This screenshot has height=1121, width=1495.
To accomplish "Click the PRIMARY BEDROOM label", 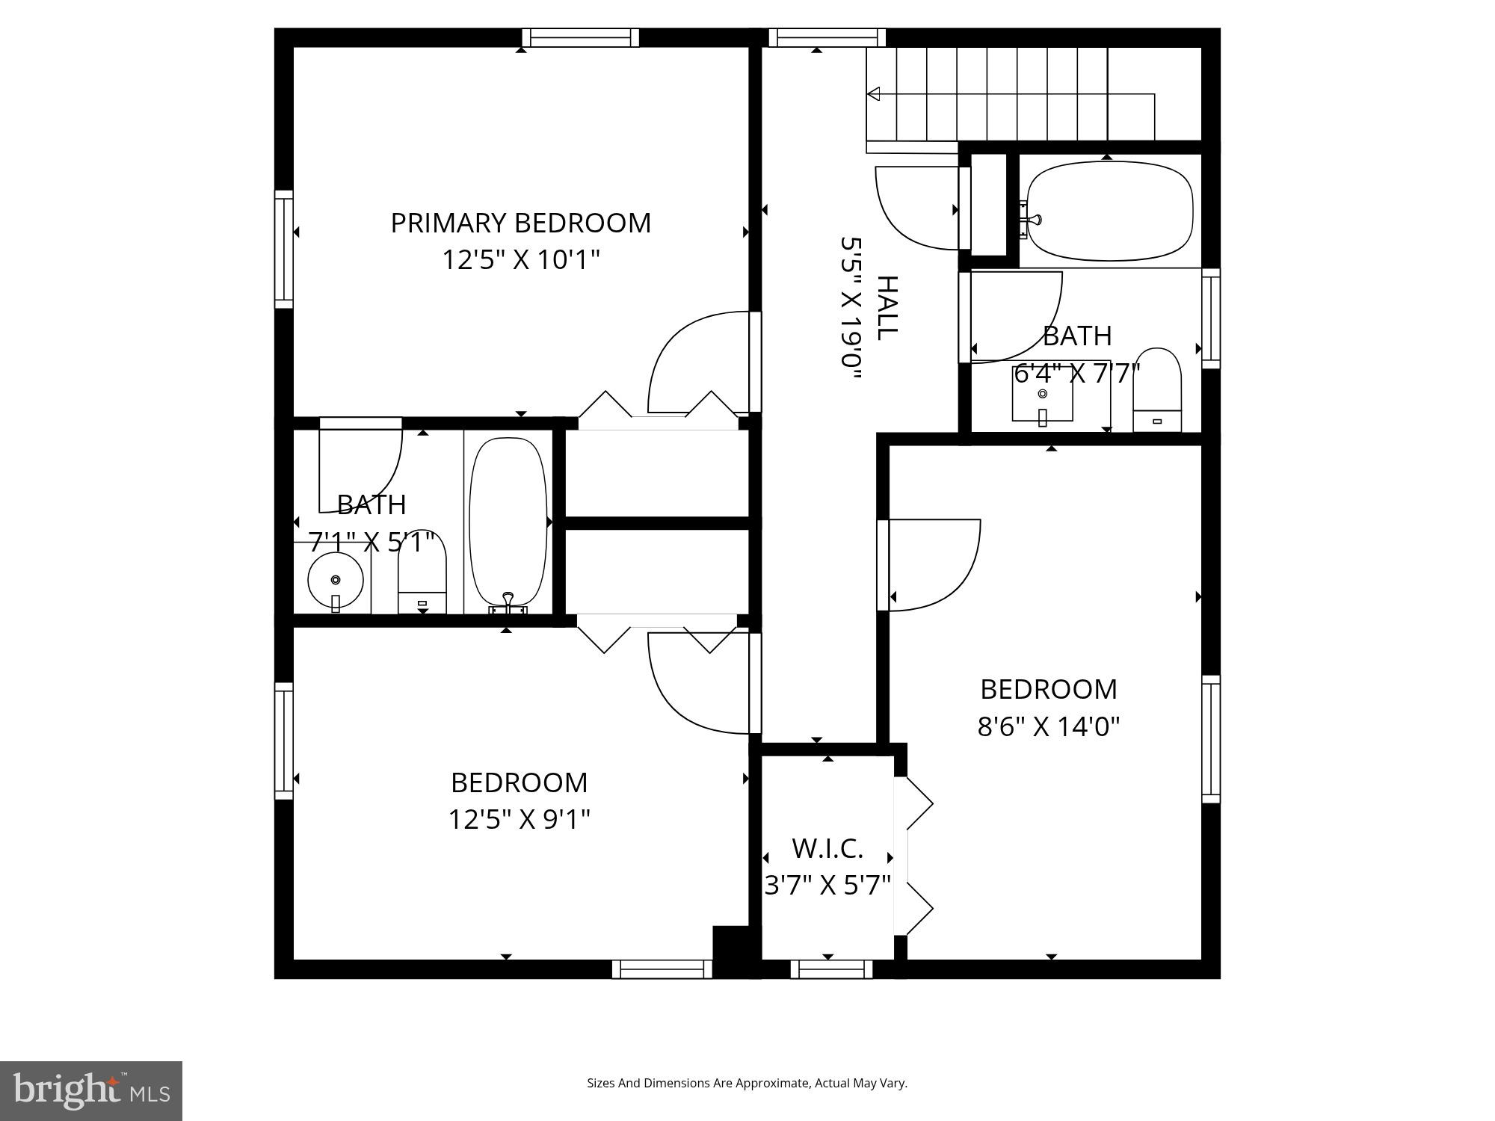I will tap(520, 223).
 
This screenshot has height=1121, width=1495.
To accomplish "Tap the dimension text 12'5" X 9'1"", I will tap(519, 819).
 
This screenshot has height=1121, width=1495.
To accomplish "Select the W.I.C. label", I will tap(827, 848).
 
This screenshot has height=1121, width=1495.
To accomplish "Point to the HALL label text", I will tap(886, 308).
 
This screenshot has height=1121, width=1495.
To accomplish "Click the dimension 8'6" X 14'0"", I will tap(1049, 726).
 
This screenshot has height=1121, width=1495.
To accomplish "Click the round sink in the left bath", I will tap(336, 580).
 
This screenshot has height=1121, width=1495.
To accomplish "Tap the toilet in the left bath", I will tap(422, 575).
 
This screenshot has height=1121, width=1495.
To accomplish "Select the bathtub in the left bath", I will tap(508, 522).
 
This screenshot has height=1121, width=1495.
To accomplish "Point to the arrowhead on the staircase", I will tap(873, 94).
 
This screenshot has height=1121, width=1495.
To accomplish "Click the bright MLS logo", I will tap(90, 1090).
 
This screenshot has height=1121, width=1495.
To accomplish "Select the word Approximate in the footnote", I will tap(774, 1083).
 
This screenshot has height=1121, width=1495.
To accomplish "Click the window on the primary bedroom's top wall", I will tap(580, 37).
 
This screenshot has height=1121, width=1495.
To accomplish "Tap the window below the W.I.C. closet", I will tap(831, 969).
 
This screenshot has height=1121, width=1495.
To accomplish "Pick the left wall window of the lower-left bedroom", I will tap(284, 740).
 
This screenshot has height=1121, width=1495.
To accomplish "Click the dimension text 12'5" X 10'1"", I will tap(521, 260).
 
